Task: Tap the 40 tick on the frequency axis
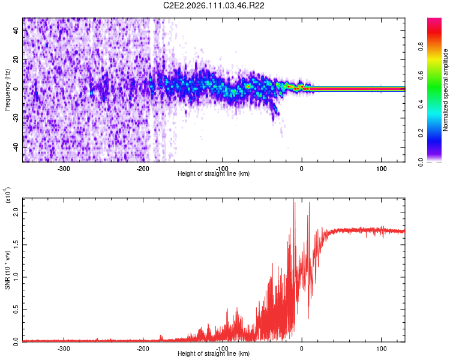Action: click(x=16, y=31)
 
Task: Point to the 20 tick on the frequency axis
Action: click(x=16, y=60)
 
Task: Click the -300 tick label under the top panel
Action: click(x=64, y=168)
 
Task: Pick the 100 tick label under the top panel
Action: click(x=381, y=168)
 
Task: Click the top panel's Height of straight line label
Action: click(x=214, y=174)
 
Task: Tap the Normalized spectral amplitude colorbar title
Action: click(x=446, y=90)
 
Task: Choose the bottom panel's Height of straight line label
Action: click(x=214, y=354)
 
